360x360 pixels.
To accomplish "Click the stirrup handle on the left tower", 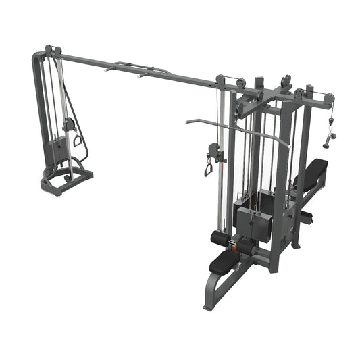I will [78, 139].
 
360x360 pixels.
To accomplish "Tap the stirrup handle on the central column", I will [208, 165].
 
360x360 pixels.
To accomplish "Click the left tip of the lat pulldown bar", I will [188, 122].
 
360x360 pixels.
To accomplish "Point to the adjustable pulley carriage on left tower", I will [68, 124].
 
